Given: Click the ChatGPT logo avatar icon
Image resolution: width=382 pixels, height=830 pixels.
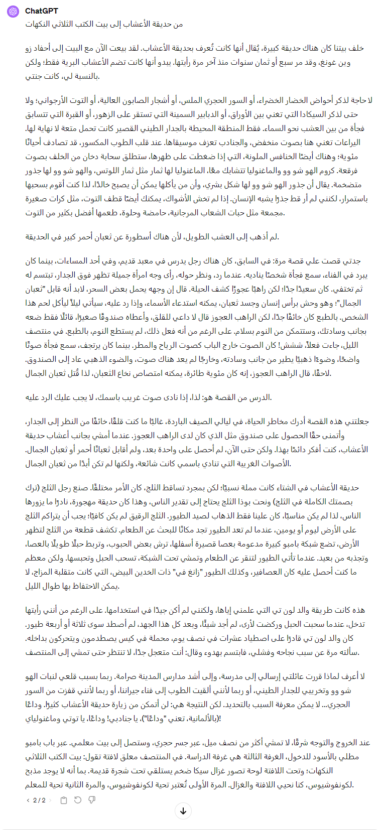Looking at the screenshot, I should click(x=13, y=11).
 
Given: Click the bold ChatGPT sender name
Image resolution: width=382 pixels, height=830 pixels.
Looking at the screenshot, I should click(x=41, y=11).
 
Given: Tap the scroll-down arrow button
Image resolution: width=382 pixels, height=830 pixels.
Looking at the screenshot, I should click(x=183, y=811).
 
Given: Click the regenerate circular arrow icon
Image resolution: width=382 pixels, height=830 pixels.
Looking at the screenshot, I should click(x=78, y=800).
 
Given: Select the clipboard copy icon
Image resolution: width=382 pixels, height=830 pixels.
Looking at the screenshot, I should click(x=64, y=800).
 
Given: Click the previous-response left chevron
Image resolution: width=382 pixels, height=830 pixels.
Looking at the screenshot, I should click(x=28, y=800).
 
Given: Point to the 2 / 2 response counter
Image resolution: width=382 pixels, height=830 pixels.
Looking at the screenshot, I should click(x=39, y=800).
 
